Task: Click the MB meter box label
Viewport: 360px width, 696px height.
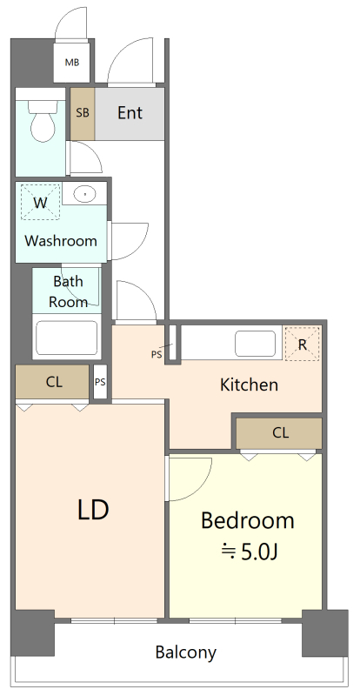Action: pyautogui.click(x=72, y=63)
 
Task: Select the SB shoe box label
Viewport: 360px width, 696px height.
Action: pyautogui.click(x=82, y=113)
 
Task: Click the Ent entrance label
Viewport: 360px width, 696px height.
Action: pyautogui.click(x=130, y=113)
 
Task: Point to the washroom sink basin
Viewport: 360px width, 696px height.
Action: pyautogui.click(x=84, y=193)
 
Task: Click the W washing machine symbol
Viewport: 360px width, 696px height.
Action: pyautogui.click(x=40, y=202)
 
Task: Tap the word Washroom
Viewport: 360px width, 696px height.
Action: pyautogui.click(x=60, y=241)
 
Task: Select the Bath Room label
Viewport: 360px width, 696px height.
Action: pyautogui.click(x=68, y=291)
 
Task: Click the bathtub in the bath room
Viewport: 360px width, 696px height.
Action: pyautogui.click(x=67, y=338)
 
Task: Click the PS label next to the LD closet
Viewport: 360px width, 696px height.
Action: pyautogui.click(x=100, y=382)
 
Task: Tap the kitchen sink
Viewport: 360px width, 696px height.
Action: pyautogui.click(x=256, y=343)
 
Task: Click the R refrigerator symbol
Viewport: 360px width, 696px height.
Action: pyautogui.click(x=303, y=344)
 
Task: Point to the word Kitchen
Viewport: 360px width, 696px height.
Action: pyautogui.click(x=249, y=385)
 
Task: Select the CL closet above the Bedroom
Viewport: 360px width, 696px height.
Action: pyautogui.click(x=279, y=432)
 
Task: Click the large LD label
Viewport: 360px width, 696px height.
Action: pyautogui.click(x=93, y=510)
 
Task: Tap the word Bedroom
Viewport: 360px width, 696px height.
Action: pyautogui.click(x=248, y=520)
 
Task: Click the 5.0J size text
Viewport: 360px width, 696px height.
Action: pyautogui.click(x=250, y=552)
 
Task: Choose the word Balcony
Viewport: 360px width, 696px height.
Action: pyautogui.click(x=186, y=652)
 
